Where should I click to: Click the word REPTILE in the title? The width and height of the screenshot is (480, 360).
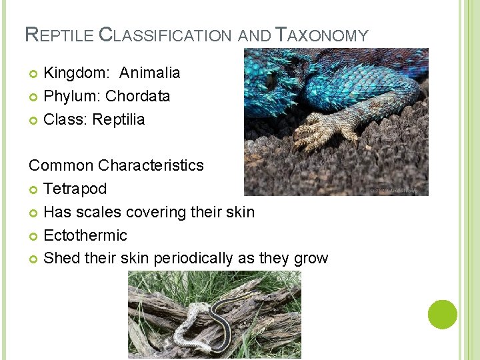tap(59, 35)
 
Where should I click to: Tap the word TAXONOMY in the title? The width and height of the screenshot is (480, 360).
tap(322, 35)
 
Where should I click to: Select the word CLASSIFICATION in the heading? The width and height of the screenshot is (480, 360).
tap(167, 35)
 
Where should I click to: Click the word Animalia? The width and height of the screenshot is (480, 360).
tap(150, 73)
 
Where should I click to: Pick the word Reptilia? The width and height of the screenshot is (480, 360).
tap(118, 120)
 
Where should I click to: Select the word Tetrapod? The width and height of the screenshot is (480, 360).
tap(75, 189)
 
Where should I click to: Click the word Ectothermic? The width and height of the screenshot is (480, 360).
tap(85, 235)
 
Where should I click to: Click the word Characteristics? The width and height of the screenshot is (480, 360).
tap(152, 165)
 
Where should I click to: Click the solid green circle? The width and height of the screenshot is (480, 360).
tap(443, 315)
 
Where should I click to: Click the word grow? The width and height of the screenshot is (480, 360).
tap(311, 259)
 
